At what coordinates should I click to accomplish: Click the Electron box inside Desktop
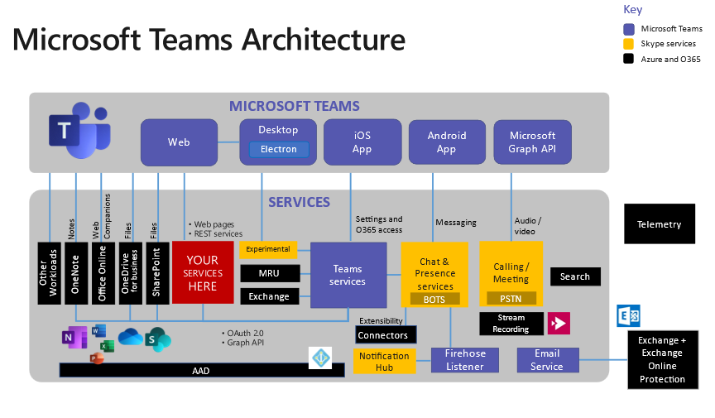tap(279, 150)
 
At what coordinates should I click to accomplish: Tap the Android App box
tap(446, 142)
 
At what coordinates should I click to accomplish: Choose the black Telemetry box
tap(659, 224)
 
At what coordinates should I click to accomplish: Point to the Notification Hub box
tap(384, 361)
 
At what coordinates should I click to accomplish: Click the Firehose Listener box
tap(464, 360)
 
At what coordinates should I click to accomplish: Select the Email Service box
tap(546, 360)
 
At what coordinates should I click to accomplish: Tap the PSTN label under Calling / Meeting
tap(511, 298)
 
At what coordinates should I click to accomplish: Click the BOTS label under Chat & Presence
tap(434, 299)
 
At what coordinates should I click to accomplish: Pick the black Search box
tap(575, 276)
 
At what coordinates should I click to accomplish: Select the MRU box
tap(268, 273)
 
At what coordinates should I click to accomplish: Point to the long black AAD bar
tap(201, 371)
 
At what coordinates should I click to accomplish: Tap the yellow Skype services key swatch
tap(629, 44)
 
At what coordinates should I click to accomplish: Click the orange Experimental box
tap(268, 249)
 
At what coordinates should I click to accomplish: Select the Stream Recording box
tap(511, 324)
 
